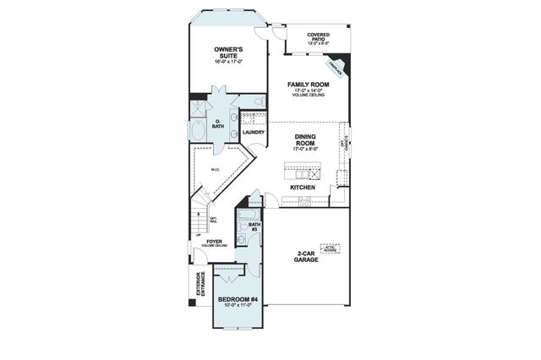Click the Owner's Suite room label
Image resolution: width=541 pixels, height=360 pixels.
coord(229,52)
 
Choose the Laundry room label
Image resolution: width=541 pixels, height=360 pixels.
coord(253,132)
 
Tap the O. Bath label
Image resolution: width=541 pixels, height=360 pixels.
coord(218,124)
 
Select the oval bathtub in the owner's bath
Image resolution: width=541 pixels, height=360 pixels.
coord(199,132)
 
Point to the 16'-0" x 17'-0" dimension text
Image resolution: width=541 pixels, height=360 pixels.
coord(229,62)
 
